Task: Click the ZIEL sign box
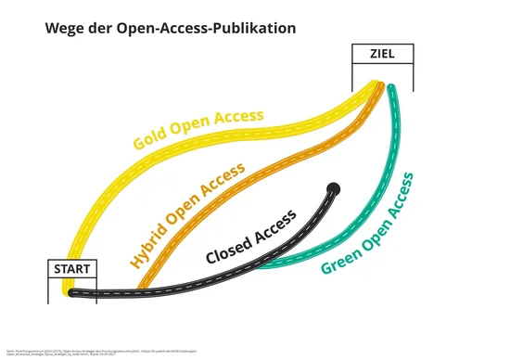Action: tap(381, 54)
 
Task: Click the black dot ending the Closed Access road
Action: tap(334, 189)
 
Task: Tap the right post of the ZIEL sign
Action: tap(411, 79)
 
